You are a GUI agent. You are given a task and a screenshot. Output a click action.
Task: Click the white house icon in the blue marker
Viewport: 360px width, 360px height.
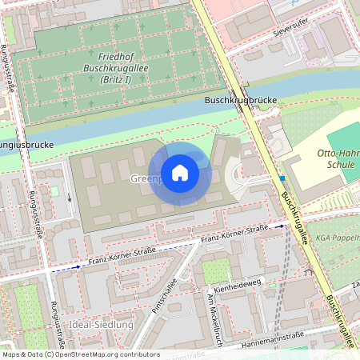[180, 173]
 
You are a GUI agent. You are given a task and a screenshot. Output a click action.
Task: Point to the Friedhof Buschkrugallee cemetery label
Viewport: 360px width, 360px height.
[120, 69]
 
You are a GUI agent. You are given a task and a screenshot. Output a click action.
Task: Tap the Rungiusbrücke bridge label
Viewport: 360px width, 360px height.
[24, 146]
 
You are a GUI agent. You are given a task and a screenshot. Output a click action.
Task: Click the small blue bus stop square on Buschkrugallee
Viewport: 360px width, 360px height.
[282, 178]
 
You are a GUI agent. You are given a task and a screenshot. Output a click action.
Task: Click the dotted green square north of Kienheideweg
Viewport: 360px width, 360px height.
[214, 271]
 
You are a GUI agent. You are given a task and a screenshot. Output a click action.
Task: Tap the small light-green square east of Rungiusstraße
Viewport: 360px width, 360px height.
[54, 190]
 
